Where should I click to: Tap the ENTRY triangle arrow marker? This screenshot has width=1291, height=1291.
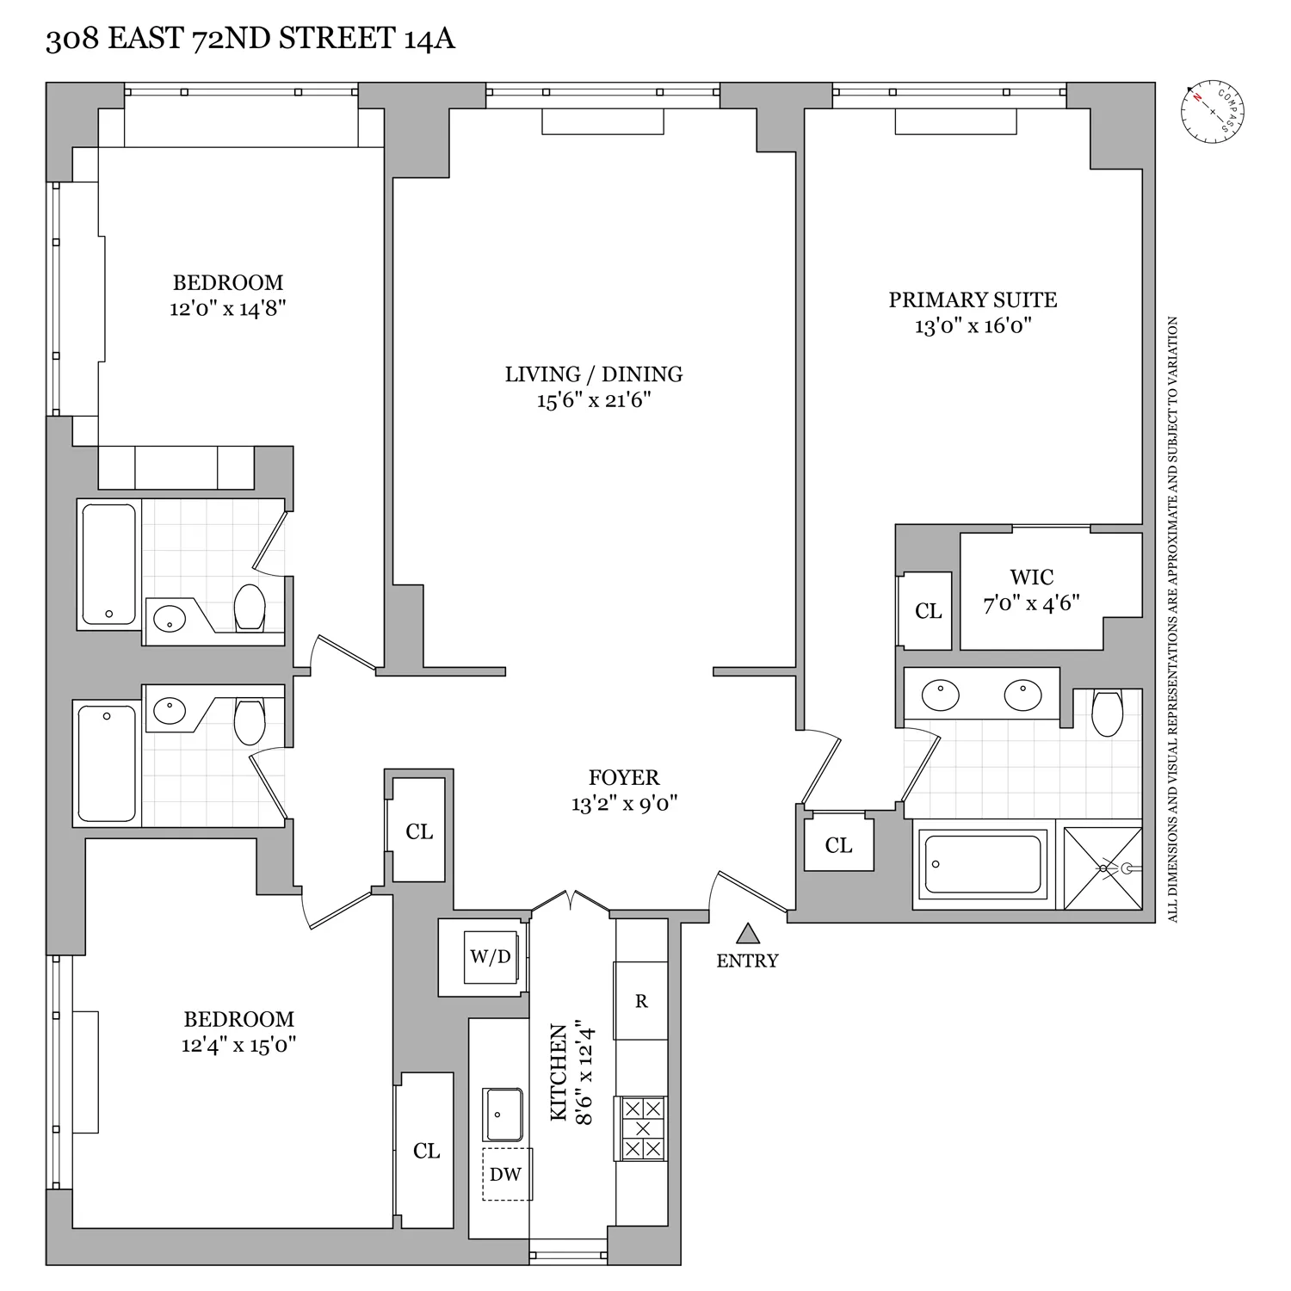(x=748, y=934)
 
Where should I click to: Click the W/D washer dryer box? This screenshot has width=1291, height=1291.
(x=491, y=956)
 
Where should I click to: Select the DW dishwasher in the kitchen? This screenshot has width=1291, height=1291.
(x=506, y=1174)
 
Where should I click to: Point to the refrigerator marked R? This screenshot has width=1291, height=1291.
(x=640, y=1000)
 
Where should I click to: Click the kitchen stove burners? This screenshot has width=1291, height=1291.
(x=640, y=1128)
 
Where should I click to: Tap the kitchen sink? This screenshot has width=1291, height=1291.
(x=502, y=1115)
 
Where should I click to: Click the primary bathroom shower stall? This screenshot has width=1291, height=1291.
(x=1103, y=868)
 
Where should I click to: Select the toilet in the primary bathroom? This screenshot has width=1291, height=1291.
(x=1107, y=713)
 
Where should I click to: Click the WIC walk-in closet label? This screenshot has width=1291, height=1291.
(x=1032, y=577)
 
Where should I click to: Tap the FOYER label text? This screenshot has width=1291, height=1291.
(x=624, y=777)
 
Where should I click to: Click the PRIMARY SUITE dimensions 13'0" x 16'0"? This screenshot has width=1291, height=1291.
(x=973, y=326)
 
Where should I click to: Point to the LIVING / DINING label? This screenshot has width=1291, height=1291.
(x=594, y=374)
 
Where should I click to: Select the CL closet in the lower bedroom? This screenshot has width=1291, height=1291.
(x=426, y=1151)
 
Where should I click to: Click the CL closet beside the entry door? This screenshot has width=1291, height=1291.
(x=838, y=845)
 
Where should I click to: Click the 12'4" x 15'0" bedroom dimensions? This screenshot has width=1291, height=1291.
(x=239, y=1046)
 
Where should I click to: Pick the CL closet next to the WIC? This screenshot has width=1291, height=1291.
(x=928, y=611)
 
